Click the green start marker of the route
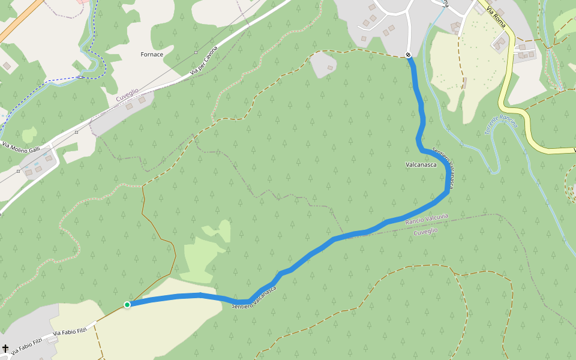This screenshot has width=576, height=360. (x=127, y=305)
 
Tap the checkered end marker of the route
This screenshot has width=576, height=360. (x=408, y=55)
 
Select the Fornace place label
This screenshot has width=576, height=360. (x=152, y=55)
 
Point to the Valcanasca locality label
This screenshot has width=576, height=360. (x=421, y=164)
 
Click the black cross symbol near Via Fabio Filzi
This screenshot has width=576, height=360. (x=5, y=349)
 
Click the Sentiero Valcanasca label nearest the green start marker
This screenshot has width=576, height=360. (x=254, y=298)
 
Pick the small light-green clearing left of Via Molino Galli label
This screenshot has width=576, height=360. (x=29, y=134)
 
